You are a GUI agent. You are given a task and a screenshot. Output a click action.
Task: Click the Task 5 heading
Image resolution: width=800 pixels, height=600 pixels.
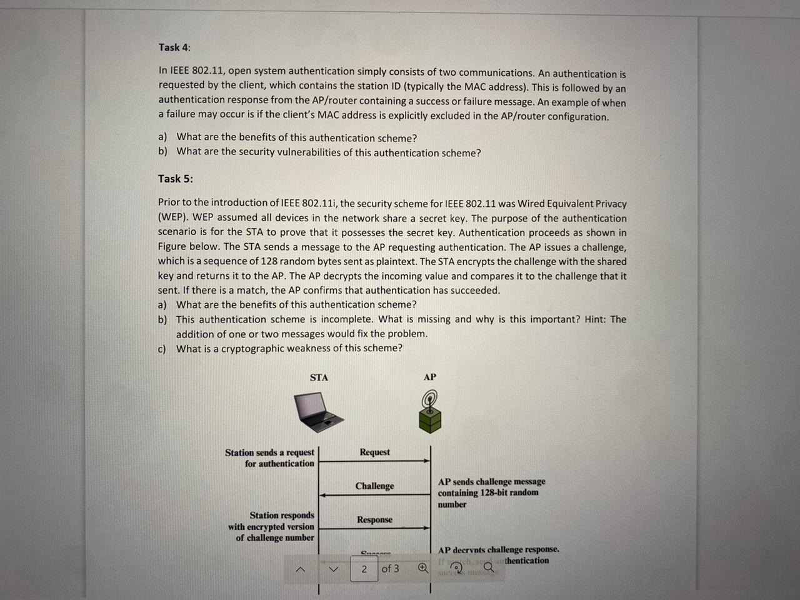pos(175,179)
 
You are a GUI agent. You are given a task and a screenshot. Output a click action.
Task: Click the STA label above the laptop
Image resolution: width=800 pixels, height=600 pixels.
pos(319,377)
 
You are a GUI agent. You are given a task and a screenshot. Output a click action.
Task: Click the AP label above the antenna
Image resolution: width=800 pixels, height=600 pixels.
pos(430,377)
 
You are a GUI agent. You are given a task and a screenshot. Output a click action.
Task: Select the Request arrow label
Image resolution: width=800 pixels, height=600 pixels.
pos(374,452)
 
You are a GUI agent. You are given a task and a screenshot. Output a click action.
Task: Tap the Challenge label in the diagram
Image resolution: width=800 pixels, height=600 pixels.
pos(374,486)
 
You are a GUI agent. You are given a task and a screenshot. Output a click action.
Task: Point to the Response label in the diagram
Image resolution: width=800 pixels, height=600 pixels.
pos(374,519)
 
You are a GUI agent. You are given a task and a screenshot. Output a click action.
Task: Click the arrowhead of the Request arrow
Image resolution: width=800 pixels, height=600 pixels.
pos(427,461)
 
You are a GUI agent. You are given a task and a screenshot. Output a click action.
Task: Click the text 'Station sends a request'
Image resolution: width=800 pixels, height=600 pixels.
pos(269,452)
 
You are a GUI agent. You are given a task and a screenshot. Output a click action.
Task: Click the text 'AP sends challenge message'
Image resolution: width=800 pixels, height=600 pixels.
pos(491,481)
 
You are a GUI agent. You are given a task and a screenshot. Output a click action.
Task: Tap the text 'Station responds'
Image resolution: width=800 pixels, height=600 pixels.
pos(282,515)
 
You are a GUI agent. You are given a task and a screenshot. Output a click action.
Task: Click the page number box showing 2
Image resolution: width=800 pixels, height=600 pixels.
pos(364,569)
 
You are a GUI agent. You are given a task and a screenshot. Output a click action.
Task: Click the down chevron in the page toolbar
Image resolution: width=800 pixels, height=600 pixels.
pos(333,569)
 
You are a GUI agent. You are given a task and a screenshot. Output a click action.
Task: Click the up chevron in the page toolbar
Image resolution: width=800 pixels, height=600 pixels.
pos(301,569)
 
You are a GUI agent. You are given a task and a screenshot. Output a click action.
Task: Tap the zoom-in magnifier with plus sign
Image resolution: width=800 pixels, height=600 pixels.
pos(423,568)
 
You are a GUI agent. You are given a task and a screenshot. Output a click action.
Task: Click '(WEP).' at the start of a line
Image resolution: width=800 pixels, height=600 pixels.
pos(172,218)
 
